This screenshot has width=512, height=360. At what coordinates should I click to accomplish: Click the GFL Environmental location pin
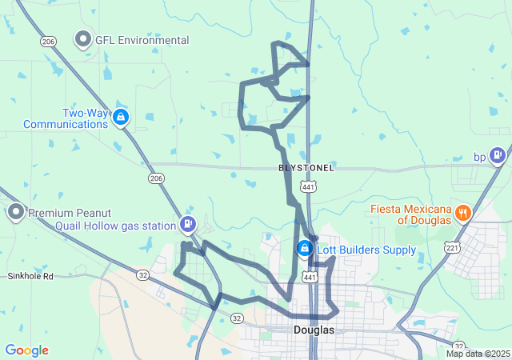click(83, 38)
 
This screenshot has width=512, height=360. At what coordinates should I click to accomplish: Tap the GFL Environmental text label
click(142, 40)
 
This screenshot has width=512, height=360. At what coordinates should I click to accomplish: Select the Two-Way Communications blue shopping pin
click(120, 118)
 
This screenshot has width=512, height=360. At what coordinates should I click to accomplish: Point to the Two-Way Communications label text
click(66, 118)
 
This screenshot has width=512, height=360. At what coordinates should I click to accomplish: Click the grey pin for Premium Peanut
click(15, 212)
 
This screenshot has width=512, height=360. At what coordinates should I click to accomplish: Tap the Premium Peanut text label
click(70, 213)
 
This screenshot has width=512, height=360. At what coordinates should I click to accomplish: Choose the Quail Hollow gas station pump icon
click(188, 224)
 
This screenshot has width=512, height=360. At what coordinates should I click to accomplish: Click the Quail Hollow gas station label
click(115, 226)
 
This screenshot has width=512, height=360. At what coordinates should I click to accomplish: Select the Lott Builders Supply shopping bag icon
click(304, 249)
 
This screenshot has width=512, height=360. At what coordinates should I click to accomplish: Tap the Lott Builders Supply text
click(366, 250)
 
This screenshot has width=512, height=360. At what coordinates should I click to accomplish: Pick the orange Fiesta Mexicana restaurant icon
click(462, 212)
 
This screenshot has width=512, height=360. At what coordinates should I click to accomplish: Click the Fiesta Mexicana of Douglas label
click(410, 214)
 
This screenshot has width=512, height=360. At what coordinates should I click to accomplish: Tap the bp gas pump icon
click(498, 154)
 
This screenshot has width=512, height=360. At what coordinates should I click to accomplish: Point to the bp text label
click(480, 157)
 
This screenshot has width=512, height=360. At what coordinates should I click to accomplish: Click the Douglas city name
click(314, 330)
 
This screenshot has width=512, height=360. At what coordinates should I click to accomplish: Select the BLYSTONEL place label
click(306, 168)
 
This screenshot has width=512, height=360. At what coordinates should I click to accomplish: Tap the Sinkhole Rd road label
click(30, 276)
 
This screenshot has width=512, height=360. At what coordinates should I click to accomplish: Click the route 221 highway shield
click(453, 247)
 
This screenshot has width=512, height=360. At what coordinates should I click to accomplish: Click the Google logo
click(26, 350)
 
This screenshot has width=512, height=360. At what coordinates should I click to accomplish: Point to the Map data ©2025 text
click(478, 354)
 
